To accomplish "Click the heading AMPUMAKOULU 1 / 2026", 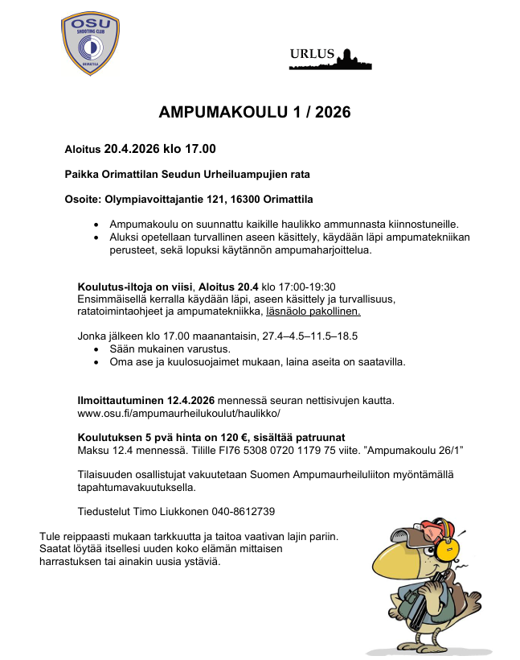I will [x=255, y=113].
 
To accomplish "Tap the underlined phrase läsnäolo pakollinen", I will [x=313, y=311].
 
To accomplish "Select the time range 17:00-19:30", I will [x=305, y=287].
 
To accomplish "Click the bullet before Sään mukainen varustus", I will [x=97, y=349].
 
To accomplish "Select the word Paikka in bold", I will [x=82, y=174].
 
